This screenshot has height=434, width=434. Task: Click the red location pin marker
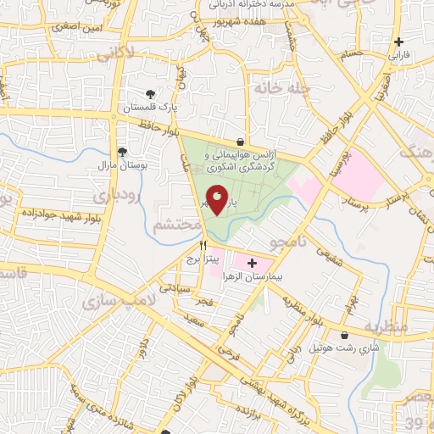click(218, 200)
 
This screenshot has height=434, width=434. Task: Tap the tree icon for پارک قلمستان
click(150, 94)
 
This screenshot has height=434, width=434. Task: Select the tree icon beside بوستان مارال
click(123, 152)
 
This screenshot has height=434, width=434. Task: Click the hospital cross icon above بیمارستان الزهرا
click(251, 263)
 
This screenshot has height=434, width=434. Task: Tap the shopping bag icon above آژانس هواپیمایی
click(242, 142)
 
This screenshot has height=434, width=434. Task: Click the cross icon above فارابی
click(398, 41)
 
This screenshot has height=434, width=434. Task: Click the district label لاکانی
click(114, 55)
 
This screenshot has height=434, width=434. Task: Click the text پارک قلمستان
click(150, 108)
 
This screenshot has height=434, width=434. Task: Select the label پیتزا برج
click(203, 258)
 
